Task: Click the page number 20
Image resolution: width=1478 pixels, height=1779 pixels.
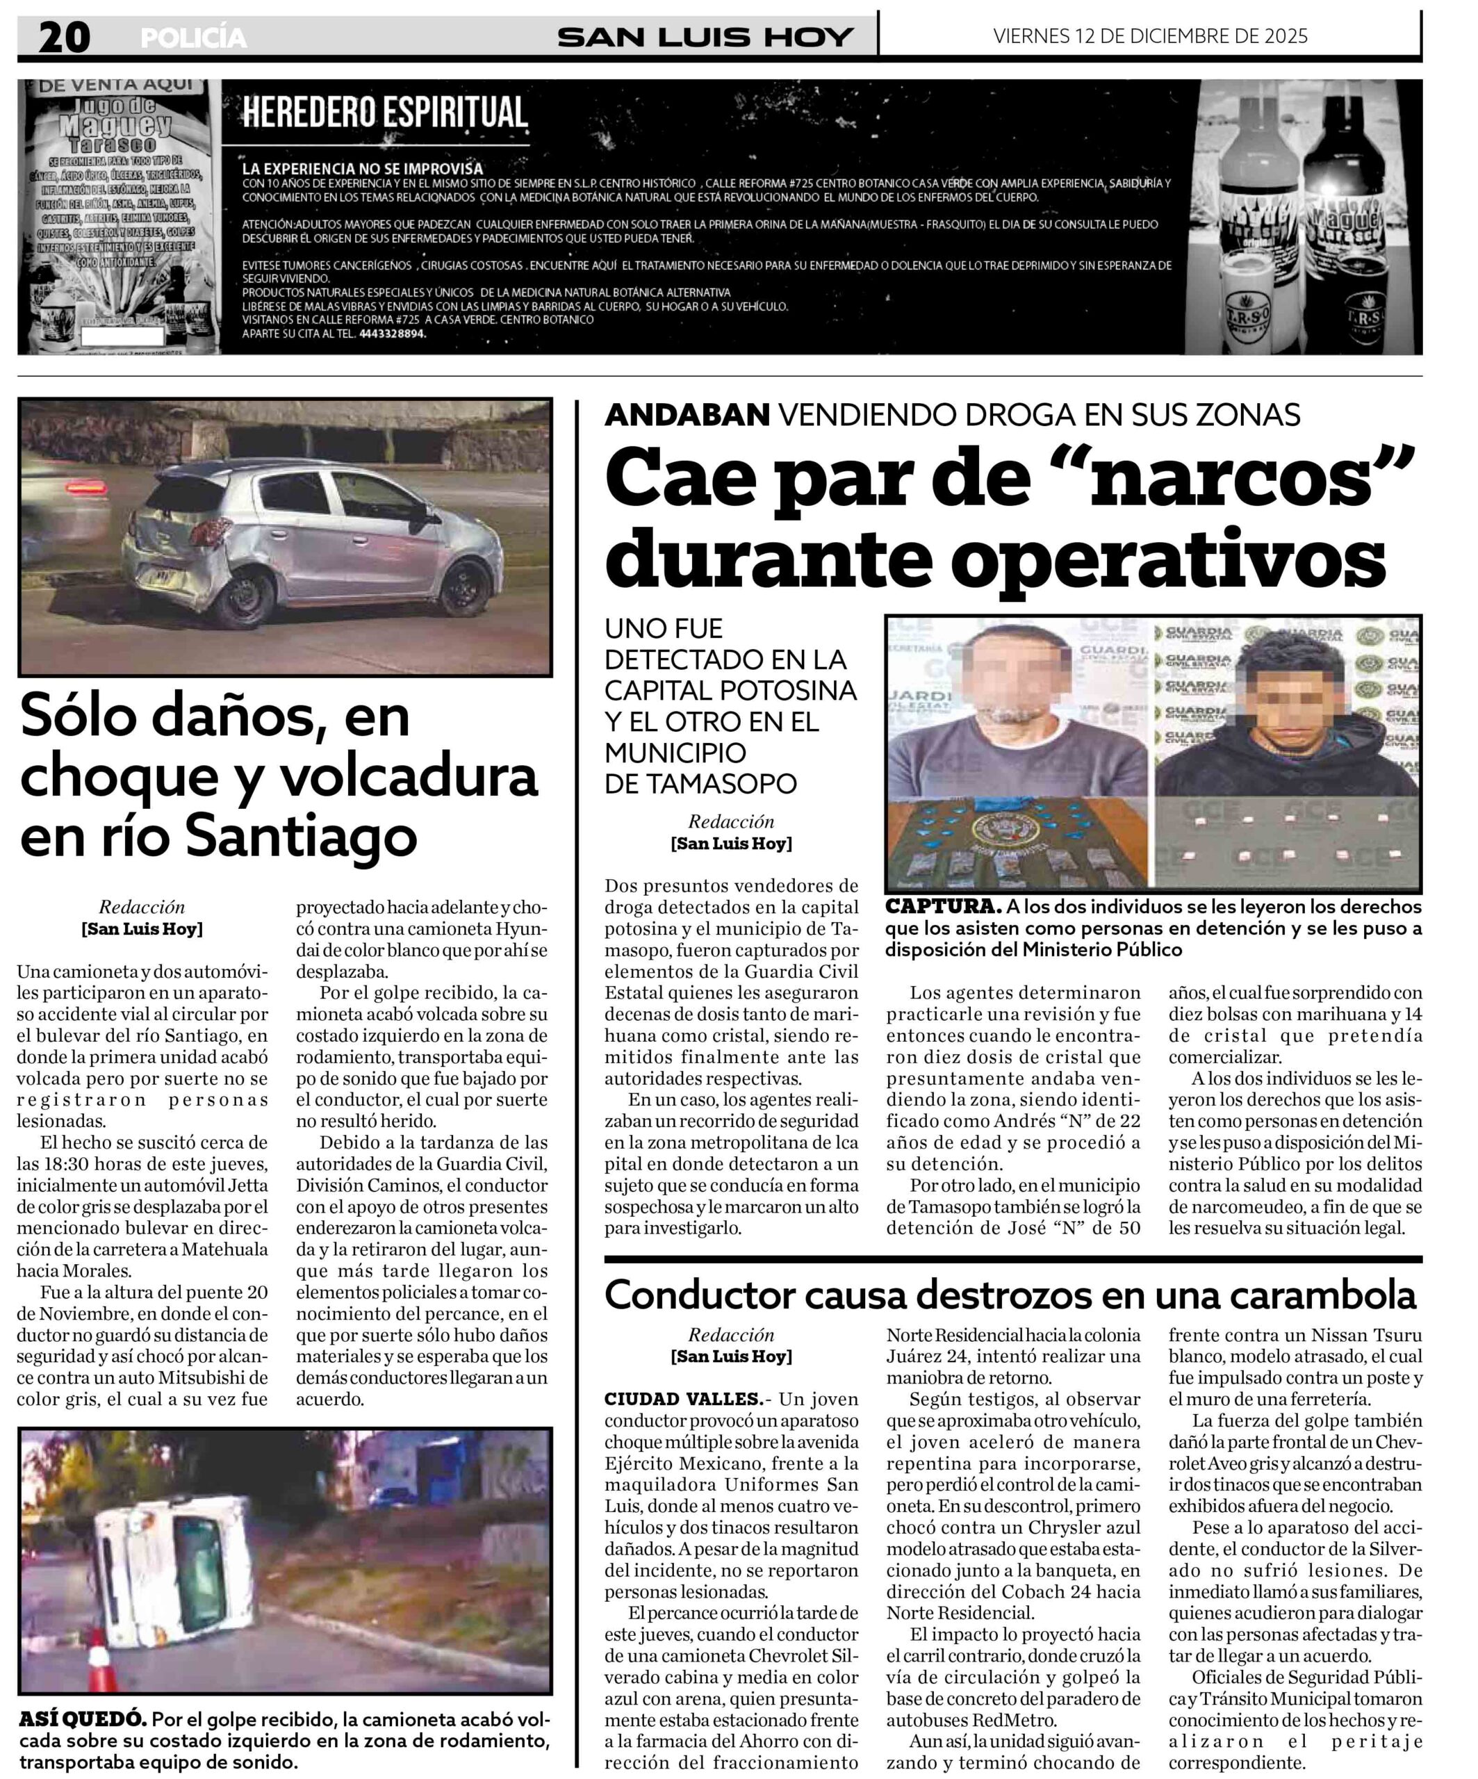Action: click(63, 38)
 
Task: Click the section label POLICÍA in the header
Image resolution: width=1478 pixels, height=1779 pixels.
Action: click(193, 38)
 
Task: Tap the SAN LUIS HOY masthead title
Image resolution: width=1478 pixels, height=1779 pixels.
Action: click(705, 38)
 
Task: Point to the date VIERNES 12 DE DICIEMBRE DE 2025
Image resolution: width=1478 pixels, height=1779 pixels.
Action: click(1149, 36)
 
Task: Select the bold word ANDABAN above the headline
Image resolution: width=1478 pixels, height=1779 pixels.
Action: click(687, 415)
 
